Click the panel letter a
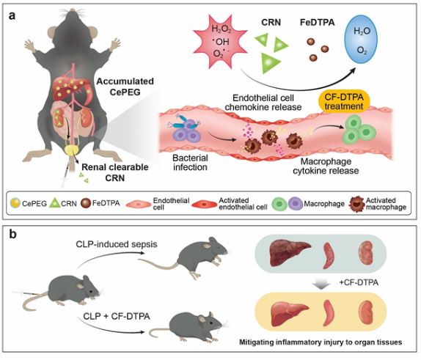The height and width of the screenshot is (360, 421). (x=12, y=15)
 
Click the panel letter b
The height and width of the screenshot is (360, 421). (x=12, y=234)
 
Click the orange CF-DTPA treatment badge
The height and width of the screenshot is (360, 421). (x=344, y=101)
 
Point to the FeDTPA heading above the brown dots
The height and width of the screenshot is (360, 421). (x=317, y=23)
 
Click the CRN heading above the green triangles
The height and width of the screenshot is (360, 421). (x=271, y=23)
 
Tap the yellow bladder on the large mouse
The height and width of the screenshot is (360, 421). (x=71, y=151)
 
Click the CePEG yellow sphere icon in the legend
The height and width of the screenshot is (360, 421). (x=15, y=203)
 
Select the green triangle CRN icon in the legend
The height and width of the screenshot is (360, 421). (x=55, y=202)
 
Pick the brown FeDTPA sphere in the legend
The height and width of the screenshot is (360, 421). (x=86, y=203)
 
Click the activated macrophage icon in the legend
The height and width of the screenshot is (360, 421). (x=356, y=204)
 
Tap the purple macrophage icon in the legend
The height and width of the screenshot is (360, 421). (x=296, y=204)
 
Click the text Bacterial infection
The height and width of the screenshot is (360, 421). (x=190, y=163)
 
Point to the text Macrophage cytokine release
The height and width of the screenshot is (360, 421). (x=326, y=166)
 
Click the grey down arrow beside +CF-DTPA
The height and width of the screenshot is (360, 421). (x=322, y=284)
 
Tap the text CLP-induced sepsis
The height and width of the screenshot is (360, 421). (x=117, y=244)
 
